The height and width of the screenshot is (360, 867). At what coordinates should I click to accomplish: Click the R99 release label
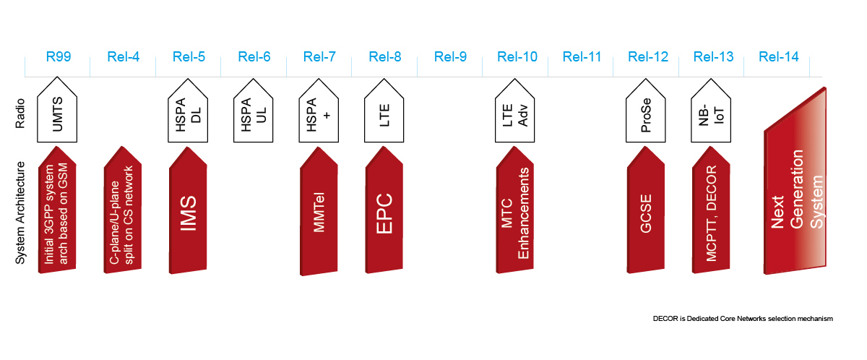(58, 57)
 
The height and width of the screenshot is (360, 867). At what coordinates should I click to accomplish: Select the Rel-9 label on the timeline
(451, 57)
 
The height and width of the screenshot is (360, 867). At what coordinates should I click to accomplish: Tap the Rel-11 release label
(582, 57)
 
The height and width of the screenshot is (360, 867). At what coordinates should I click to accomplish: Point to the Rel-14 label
(779, 57)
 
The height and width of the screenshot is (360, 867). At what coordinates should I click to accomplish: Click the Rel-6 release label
(254, 57)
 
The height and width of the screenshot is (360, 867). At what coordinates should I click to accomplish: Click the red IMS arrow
(189, 213)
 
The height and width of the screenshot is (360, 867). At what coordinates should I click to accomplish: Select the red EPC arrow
(385, 213)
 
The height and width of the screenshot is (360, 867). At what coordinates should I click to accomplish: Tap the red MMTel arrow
(319, 213)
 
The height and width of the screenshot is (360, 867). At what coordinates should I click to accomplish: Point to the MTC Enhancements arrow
(516, 213)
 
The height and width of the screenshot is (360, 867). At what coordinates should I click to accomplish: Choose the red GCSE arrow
(647, 213)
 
